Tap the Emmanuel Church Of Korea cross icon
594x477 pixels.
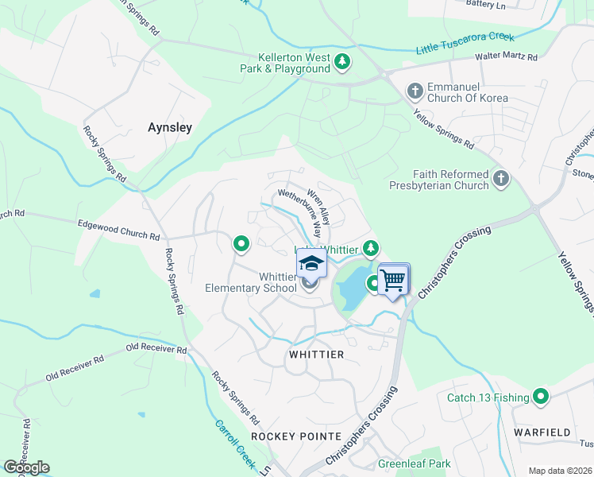[415, 91]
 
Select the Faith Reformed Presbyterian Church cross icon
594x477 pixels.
[500, 179]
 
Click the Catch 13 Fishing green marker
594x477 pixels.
[542, 396]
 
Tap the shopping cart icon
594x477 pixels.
[392, 280]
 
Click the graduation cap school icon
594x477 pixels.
[311, 264]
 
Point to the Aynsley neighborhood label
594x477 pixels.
[171, 127]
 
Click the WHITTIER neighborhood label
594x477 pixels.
[317, 355]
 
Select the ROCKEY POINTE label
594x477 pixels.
[296, 436]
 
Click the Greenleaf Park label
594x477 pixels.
[414, 463]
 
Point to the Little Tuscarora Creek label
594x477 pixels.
[465, 44]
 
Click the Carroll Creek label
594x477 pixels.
[236, 441]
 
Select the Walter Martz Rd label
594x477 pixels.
[506, 57]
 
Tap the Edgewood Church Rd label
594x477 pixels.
[118, 231]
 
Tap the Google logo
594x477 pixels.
[26, 467]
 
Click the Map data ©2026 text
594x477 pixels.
[560, 471]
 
